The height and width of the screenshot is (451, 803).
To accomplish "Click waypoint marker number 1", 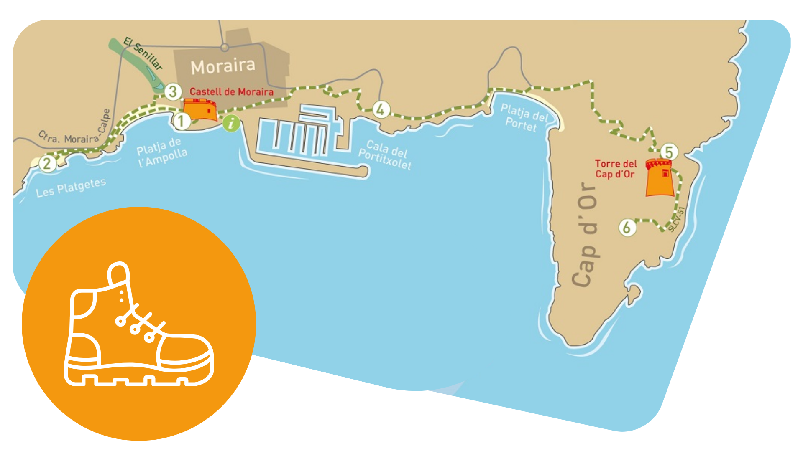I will point(181,121).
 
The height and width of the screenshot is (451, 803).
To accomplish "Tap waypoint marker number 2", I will point(47,163).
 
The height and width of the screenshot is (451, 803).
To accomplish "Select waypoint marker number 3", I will point(173,91).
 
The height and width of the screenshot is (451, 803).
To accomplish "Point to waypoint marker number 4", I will point(381,110).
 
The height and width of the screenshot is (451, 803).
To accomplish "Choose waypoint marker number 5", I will point(669,152).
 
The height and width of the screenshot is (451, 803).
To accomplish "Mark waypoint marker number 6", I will point(627,228).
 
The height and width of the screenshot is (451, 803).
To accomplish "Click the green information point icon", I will point(231,123).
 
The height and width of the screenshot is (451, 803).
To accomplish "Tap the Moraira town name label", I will point(223,66).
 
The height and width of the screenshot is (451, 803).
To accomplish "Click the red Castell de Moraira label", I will point(231,92).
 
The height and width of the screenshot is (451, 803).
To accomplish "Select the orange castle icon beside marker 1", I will point(200,109).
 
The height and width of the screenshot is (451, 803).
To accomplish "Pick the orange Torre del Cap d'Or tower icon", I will point(660,177).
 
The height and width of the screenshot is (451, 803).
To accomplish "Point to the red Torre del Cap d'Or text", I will point(616,169).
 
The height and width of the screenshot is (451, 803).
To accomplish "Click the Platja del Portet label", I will point(523,118).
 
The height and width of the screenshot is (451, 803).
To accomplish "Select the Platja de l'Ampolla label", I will point(162,152).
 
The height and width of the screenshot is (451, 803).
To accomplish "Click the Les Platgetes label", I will point(71,187).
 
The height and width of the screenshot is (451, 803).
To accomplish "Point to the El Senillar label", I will point(143,53).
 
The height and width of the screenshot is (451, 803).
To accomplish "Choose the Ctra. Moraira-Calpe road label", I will point(75,129).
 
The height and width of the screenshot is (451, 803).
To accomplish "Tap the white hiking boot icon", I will point(138,326).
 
